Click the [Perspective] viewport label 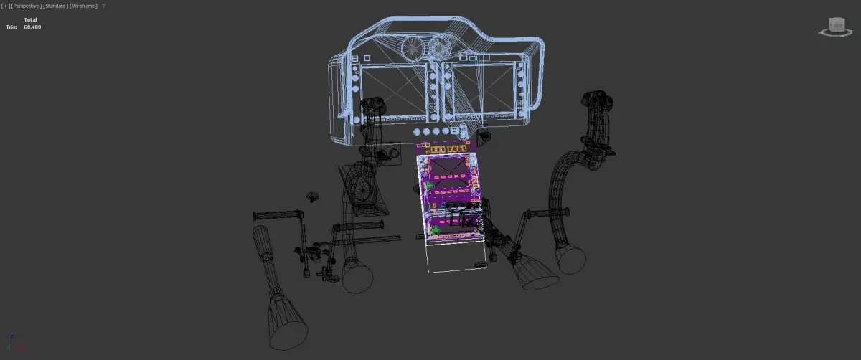(x=26, y=6)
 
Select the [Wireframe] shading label (x=83, y=6)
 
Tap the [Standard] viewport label (x=55, y=6)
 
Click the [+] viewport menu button (x=6, y=6)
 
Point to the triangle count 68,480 (x=32, y=27)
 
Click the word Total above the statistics (x=30, y=19)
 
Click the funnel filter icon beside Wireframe (x=104, y=6)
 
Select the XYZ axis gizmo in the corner (x=14, y=342)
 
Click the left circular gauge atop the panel (x=413, y=48)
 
